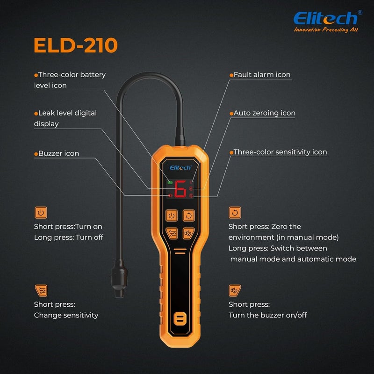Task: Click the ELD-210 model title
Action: click(75, 45)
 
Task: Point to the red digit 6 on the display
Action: click(180, 189)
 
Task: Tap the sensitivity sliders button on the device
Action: click(172, 232)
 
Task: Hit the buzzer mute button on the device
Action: click(188, 232)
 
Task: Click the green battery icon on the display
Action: click(169, 182)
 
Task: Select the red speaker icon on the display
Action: click(169, 195)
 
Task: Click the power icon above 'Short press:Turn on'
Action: click(41, 213)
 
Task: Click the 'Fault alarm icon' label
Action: click(262, 75)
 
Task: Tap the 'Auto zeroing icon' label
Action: click(264, 113)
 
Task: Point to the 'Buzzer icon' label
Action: click(58, 153)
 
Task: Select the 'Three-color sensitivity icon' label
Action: click(280, 152)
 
